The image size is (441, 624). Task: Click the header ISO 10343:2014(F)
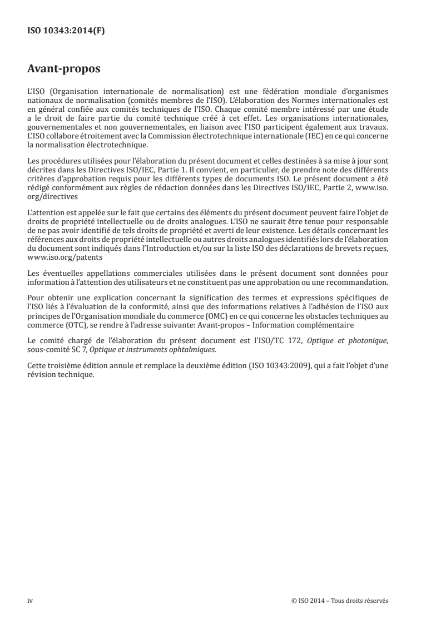(66, 32)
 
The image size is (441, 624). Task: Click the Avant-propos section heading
(63, 71)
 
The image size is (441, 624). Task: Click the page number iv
(30, 600)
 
